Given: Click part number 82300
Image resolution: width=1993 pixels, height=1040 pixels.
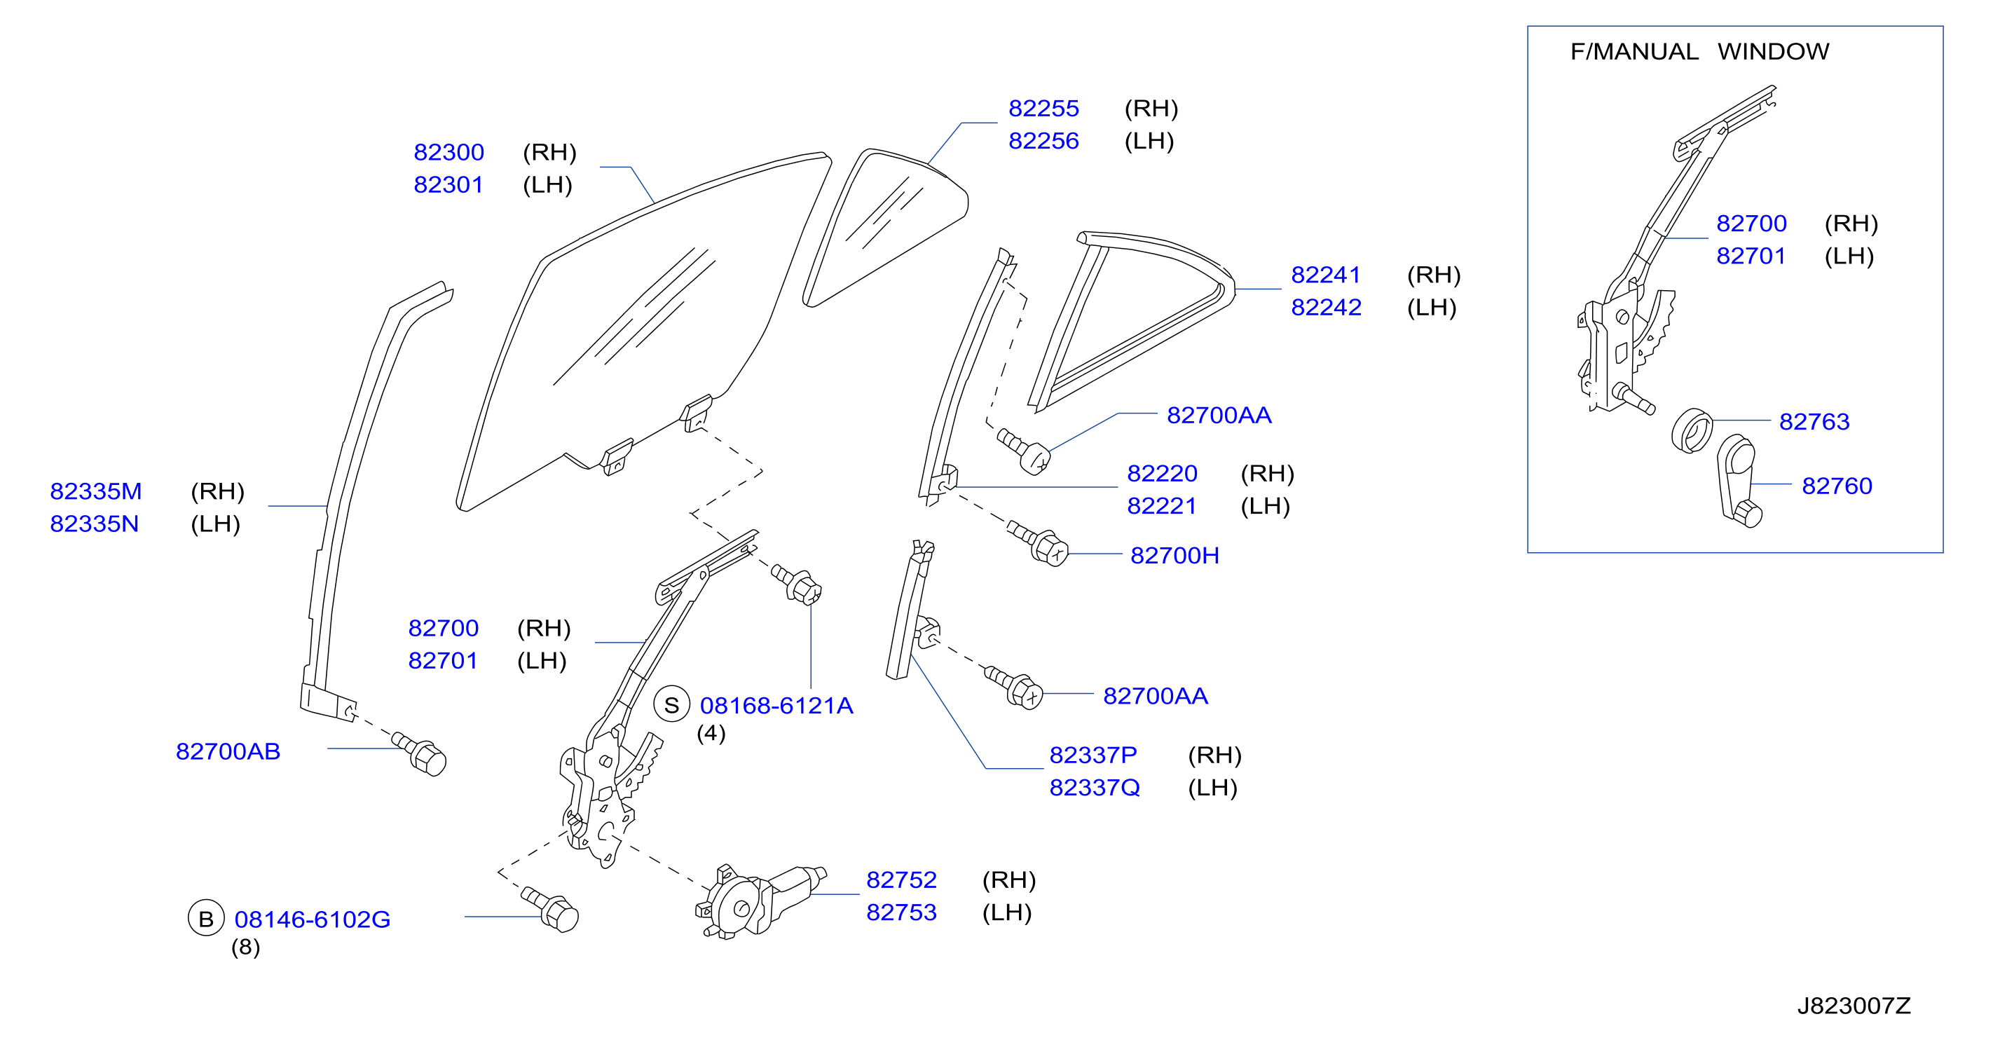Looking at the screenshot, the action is point(448,153).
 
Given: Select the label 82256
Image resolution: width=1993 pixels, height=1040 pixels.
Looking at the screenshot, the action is point(1043,141).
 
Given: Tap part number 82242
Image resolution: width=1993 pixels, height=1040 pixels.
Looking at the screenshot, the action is point(1326,307).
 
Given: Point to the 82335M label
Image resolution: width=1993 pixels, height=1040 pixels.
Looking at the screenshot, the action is point(96,491).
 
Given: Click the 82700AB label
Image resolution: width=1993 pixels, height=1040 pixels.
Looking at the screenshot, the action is point(228,751).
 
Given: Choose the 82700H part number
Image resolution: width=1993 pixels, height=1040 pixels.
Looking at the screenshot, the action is point(1174,556).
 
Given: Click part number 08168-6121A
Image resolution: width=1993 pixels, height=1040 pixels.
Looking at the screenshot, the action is point(776,706).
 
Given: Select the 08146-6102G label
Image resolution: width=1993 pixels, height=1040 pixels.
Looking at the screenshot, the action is point(313,919).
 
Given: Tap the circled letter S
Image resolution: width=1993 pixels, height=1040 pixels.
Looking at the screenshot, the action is point(671,705).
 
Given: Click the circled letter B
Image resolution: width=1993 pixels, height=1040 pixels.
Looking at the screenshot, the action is point(206,919).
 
